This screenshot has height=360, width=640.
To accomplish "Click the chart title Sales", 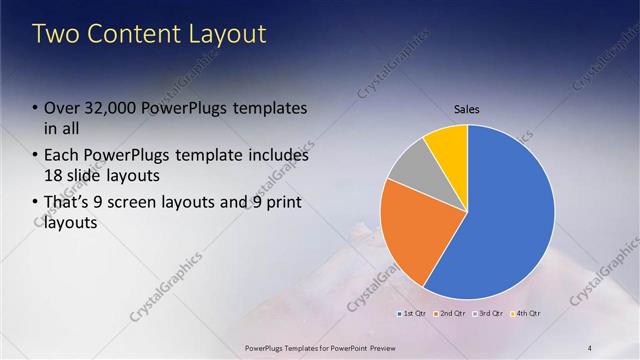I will pyautogui.click(x=467, y=109).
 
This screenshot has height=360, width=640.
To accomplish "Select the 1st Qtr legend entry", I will pyautogui.click(x=413, y=313).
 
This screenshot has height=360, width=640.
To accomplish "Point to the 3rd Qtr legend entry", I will pyautogui.click(x=488, y=313).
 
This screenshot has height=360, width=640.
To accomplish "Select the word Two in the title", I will pyautogui.click(x=54, y=34).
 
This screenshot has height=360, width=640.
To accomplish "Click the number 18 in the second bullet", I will pyautogui.click(x=54, y=176).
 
